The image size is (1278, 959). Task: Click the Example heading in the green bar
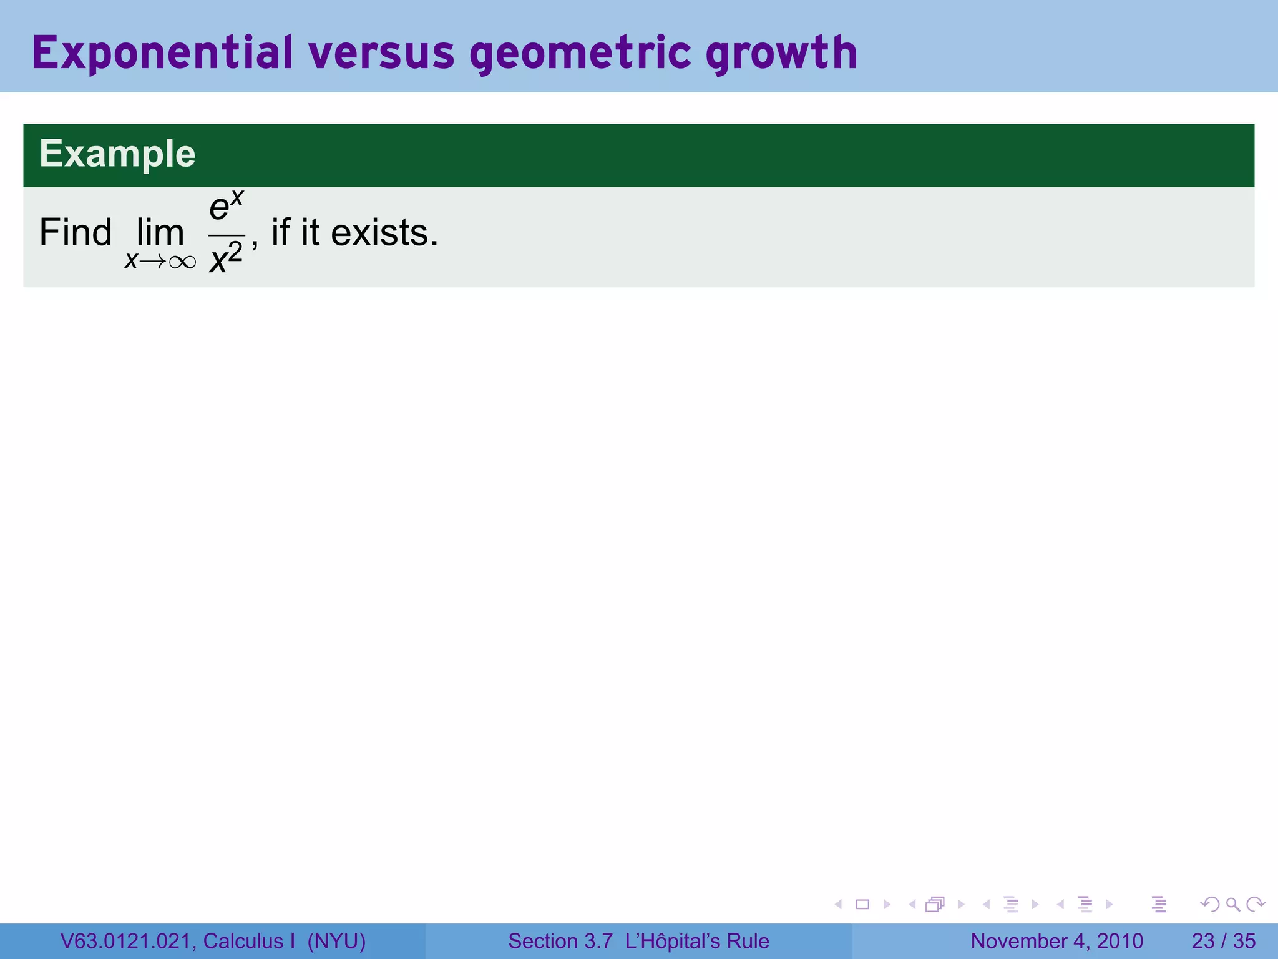click(117, 154)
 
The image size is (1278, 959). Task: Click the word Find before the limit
click(76, 233)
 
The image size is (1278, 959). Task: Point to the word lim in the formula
click(160, 233)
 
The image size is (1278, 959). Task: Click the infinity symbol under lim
click(182, 262)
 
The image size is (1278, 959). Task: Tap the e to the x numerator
click(226, 207)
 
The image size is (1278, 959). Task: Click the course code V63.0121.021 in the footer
click(128, 941)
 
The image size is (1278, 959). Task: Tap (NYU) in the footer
click(336, 941)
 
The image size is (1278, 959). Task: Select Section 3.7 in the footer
click(560, 941)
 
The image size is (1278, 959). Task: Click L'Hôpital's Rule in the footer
click(697, 941)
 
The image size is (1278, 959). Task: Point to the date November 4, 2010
click(1056, 941)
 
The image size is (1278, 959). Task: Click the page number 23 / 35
click(1223, 941)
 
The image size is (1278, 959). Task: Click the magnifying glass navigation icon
click(1232, 904)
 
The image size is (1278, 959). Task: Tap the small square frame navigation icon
click(862, 904)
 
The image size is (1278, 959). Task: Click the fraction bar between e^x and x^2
click(226, 236)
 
